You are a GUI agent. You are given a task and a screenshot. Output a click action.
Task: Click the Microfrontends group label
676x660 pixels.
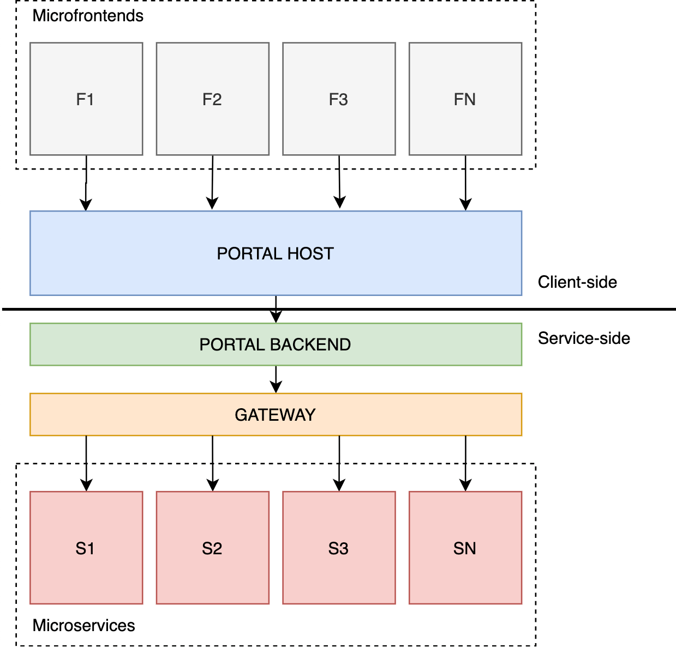88,16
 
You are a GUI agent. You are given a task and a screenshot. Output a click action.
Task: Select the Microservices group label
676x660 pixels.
83,625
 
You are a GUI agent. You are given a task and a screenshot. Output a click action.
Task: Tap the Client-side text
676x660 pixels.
577,282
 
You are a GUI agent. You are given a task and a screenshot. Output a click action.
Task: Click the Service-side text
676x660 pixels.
584,338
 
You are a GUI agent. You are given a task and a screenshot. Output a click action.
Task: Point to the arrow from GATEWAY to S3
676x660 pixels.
339,463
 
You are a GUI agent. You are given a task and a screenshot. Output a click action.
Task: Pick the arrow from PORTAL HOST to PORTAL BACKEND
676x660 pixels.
276,305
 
